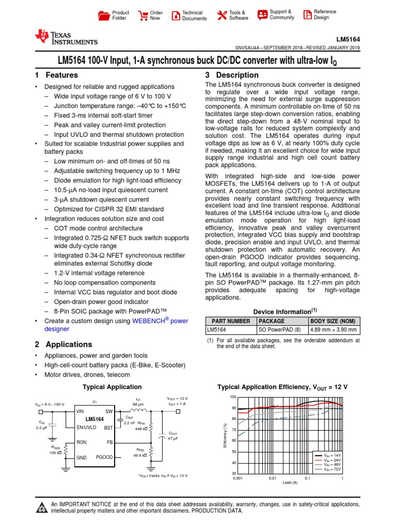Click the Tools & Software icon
[x=222, y=15]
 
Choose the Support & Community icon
[x=262, y=14]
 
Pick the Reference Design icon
[x=307, y=14]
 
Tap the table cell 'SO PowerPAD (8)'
[x=277, y=330]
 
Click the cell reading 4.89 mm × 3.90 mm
[x=334, y=330]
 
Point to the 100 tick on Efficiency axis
[x=233, y=397]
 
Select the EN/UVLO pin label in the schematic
[x=87, y=428]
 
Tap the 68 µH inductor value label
[x=138, y=404]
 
